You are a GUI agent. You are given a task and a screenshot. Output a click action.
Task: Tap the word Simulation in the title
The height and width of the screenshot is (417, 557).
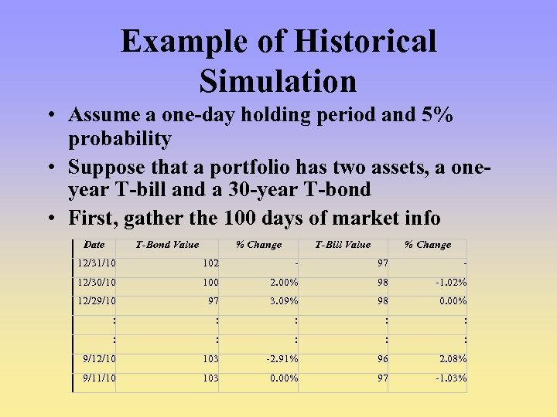click(x=278, y=81)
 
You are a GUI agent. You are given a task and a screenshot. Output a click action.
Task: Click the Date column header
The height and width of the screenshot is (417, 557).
click(x=94, y=245)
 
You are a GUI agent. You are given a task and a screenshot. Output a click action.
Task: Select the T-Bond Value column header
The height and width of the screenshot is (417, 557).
click(x=167, y=245)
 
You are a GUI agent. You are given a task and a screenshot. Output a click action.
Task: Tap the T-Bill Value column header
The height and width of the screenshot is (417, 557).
click(x=343, y=245)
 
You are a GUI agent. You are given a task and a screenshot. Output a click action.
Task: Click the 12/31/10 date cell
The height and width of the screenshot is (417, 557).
click(x=97, y=263)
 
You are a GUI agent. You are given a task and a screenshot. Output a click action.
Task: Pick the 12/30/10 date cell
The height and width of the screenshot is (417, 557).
click(x=97, y=283)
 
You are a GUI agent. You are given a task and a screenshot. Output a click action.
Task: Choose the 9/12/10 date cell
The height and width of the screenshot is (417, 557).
click(x=100, y=359)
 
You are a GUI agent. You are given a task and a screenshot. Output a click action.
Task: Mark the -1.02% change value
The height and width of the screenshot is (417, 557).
click(x=449, y=283)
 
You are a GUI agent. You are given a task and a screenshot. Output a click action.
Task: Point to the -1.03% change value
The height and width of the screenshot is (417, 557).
click(x=449, y=378)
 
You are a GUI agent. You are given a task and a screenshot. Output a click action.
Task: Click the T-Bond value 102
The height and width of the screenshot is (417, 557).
click(x=210, y=263)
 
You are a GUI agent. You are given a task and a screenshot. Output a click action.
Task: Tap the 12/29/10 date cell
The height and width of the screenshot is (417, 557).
click(x=97, y=301)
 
